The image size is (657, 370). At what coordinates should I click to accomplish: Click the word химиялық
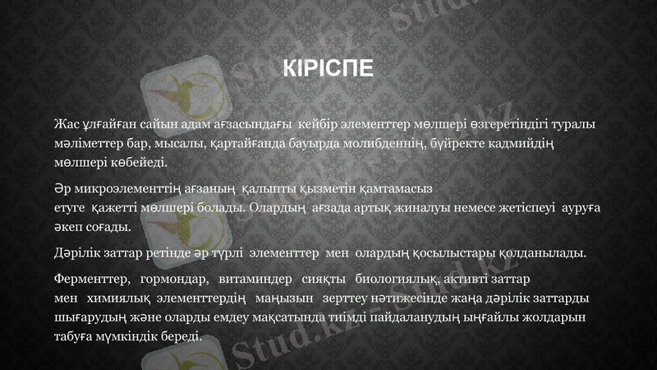pyautogui.click(x=113, y=298)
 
